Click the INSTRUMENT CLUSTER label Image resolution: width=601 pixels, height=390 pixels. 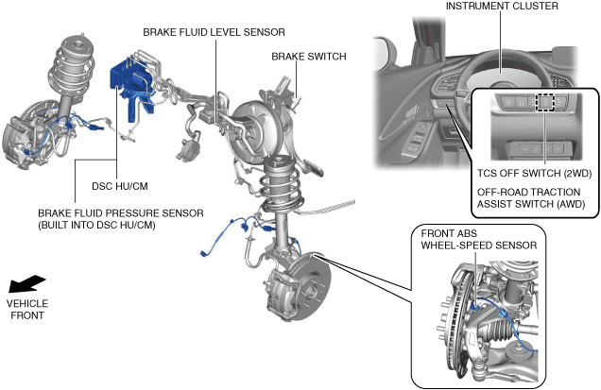pyautogui.click(x=502, y=6)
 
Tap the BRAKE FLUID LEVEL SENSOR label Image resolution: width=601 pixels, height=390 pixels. pyautogui.click(x=214, y=32)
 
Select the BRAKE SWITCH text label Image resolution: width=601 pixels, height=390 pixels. pyautogui.click(x=309, y=57)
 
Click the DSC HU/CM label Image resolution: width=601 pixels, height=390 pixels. pyautogui.click(x=120, y=186)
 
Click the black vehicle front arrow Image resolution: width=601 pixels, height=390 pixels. pyautogui.click(x=27, y=284)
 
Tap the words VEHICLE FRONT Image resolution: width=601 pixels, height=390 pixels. pyautogui.click(x=27, y=310)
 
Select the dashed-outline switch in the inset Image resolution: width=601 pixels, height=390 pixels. pyautogui.click(x=544, y=102)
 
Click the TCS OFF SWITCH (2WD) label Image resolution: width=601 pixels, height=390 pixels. pyautogui.click(x=534, y=173)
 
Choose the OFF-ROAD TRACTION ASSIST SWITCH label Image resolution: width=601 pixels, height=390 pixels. pyautogui.click(x=531, y=197)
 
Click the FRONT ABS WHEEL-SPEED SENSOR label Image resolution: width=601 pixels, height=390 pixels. pyautogui.click(x=479, y=240)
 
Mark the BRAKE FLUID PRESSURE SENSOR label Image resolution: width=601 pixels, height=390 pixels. pyautogui.click(x=121, y=219)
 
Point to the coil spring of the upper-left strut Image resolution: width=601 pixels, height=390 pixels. pyautogui.click(x=72, y=70)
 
